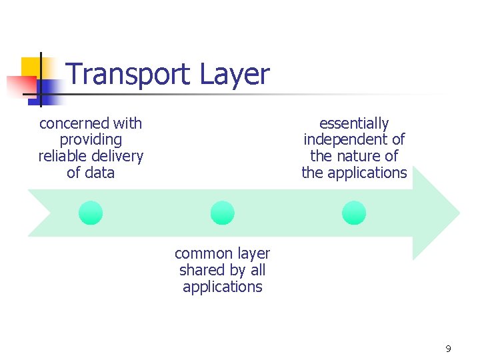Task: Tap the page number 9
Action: click(448, 349)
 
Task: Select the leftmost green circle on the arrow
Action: click(91, 213)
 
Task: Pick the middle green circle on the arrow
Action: click(222, 213)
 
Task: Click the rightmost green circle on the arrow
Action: click(354, 213)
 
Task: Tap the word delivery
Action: click(120, 157)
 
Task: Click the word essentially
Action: click(354, 123)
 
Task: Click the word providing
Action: click(91, 140)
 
